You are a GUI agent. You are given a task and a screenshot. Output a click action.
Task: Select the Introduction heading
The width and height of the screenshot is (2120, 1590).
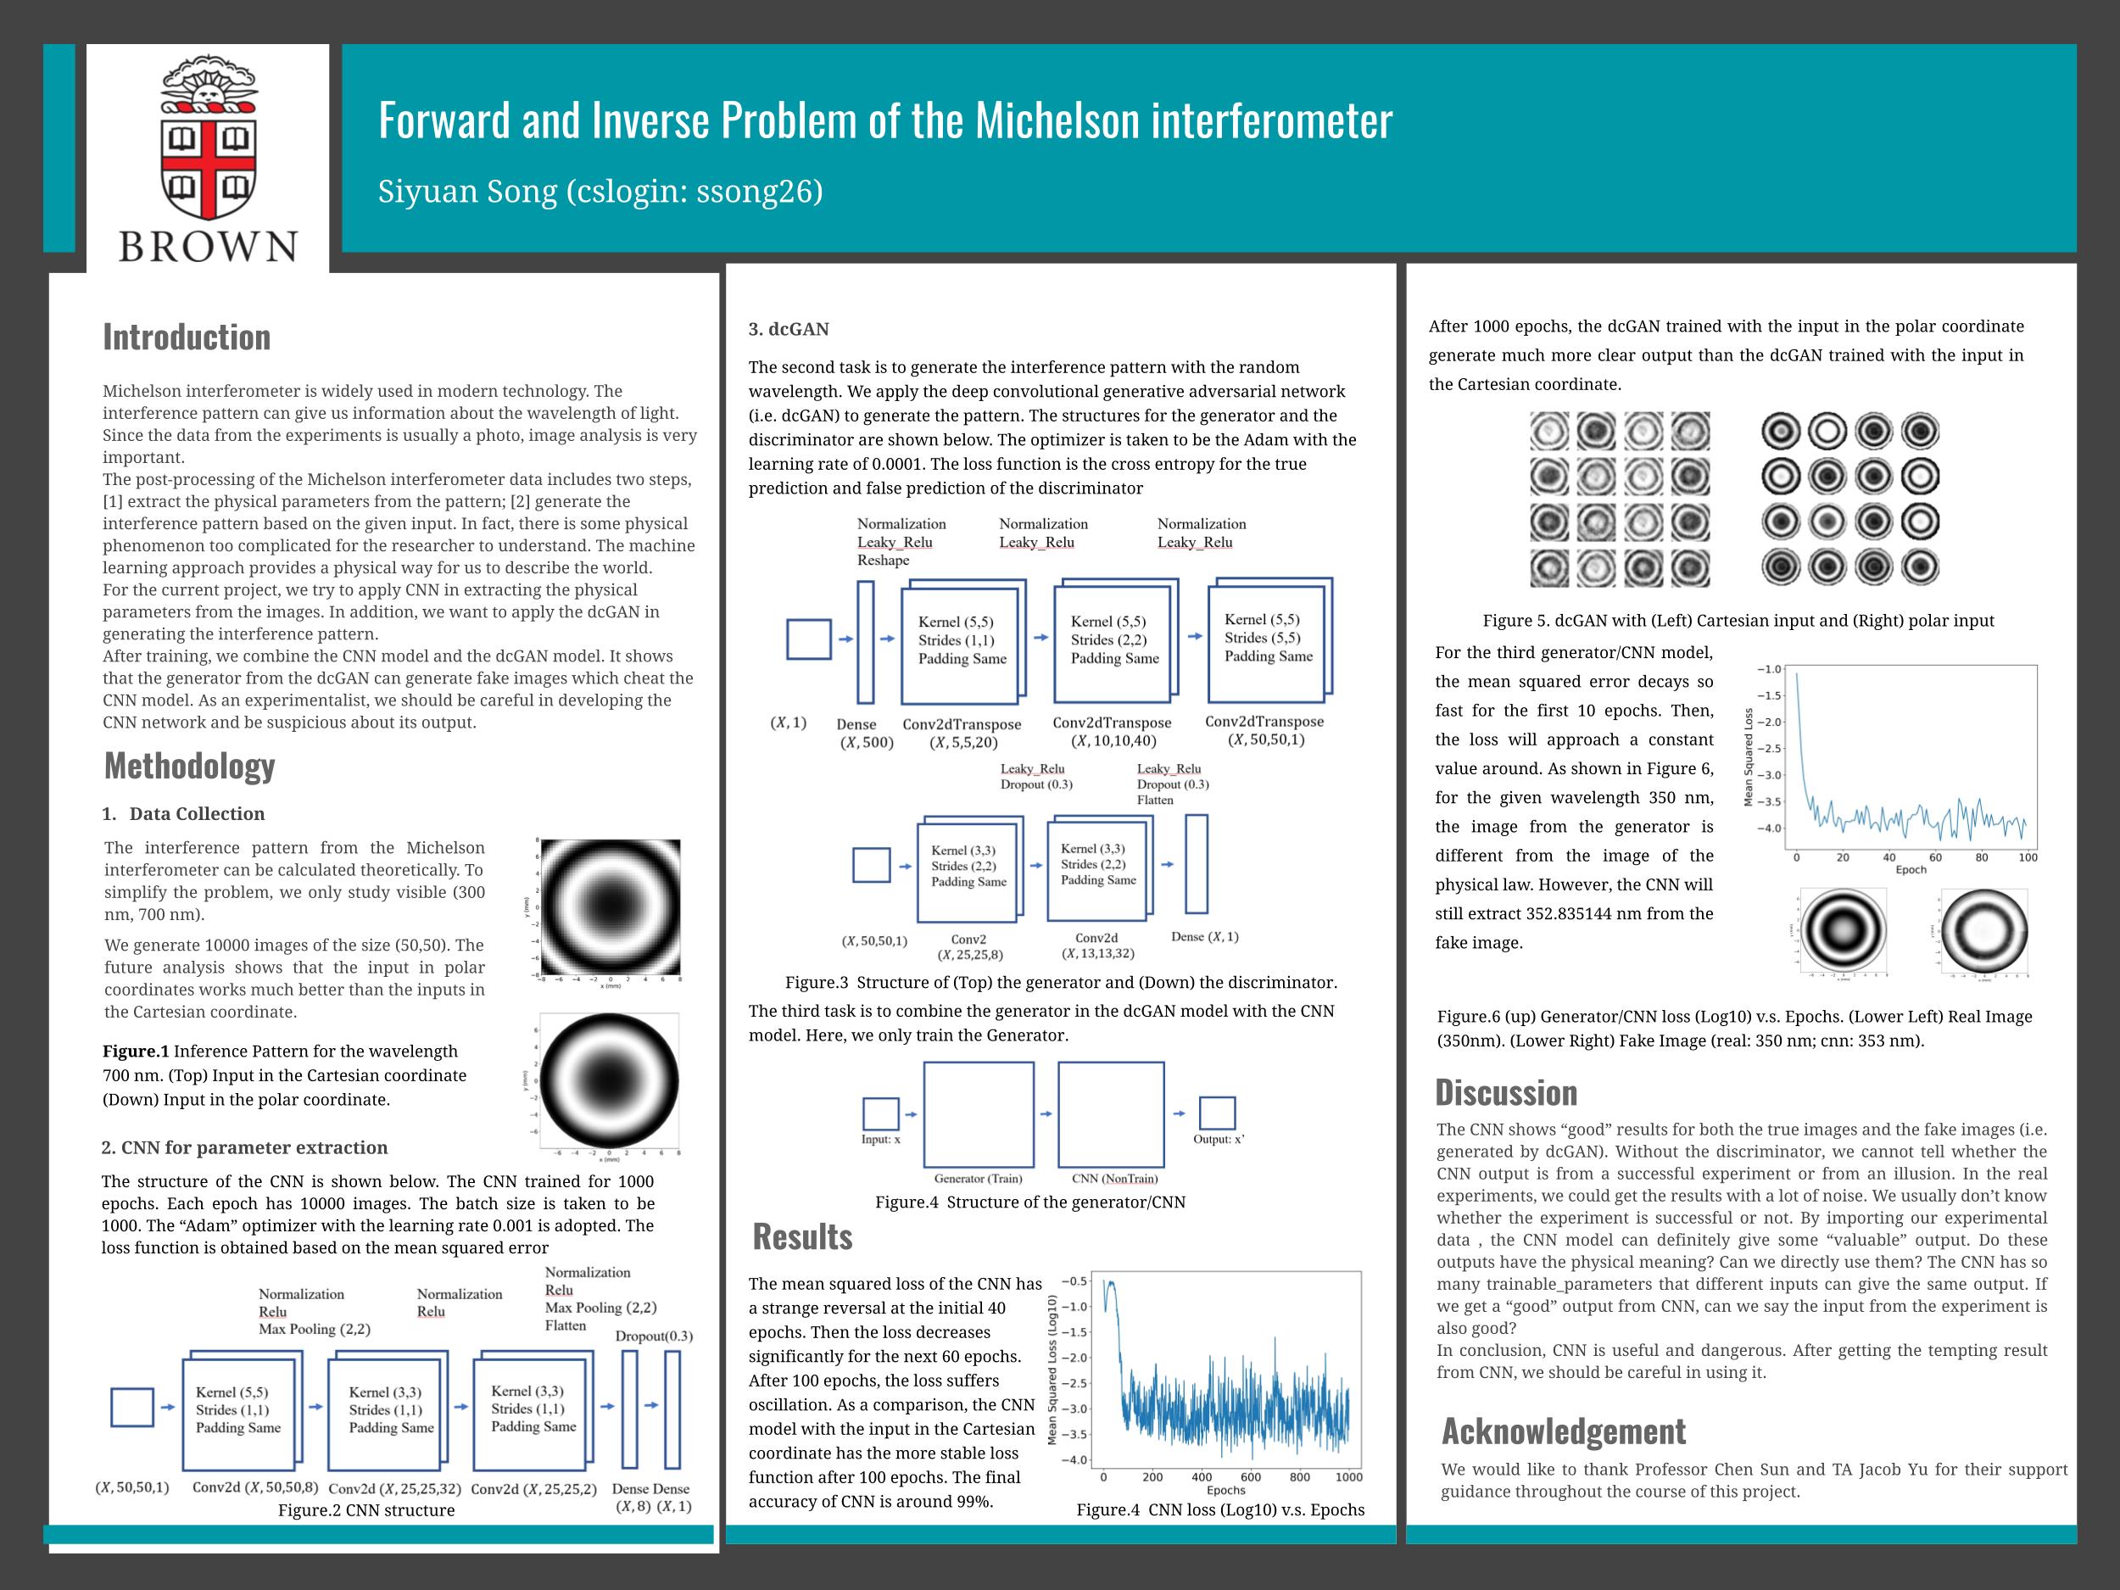(187, 338)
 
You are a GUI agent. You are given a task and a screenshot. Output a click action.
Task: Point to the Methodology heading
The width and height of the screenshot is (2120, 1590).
(190, 766)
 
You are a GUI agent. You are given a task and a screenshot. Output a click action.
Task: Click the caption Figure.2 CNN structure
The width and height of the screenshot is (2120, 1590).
(366, 1510)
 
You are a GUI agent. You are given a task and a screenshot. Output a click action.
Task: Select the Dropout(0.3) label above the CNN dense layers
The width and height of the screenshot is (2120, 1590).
(654, 1336)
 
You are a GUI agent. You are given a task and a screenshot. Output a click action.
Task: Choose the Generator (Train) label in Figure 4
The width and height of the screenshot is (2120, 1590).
(978, 1179)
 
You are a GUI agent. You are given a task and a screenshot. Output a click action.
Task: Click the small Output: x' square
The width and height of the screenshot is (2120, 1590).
(1217, 1113)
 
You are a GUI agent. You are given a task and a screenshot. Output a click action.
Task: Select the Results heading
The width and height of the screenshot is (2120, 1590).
(802, 1237)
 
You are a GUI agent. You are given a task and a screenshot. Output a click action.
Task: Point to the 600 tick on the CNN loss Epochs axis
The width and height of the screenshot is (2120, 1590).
(1251, 1477)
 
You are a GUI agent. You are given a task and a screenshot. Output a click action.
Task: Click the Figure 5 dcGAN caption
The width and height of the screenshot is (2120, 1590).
(1738, 621)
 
